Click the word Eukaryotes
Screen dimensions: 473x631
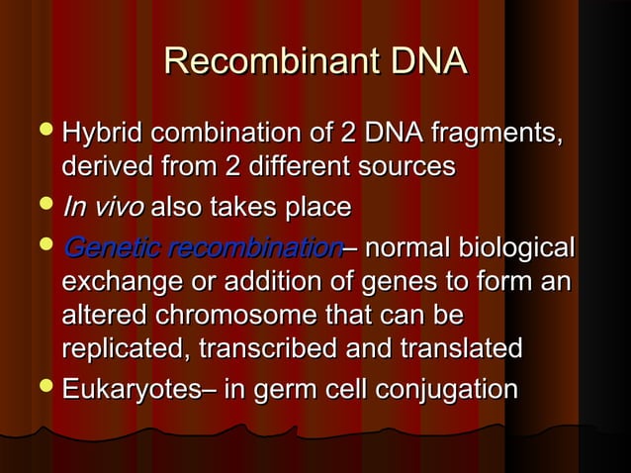[x=130, y=388]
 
